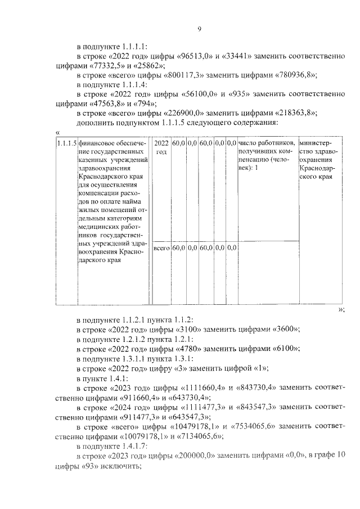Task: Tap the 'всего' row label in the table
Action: click(x=162, y=247)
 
